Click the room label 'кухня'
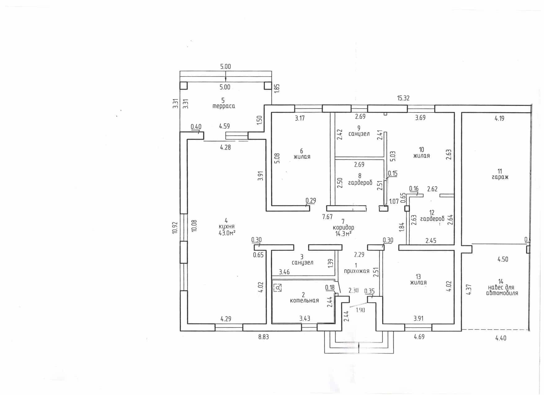point(226,227)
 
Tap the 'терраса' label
point(224,106)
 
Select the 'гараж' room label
point(500,177)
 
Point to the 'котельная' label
point(304,300)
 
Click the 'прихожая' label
point(356,271)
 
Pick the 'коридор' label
point(343,227)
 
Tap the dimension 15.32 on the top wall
point(403,98)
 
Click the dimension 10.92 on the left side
point(175,227)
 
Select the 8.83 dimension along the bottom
point(263,337)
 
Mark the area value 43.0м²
point(227,233)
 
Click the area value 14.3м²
point(343,234)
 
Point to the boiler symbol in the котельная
point(278,288)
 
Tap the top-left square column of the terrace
point(184,85)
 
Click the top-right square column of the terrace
point(268,85)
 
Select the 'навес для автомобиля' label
point(502,290)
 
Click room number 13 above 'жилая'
point(418,277)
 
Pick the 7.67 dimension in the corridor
point(328,217)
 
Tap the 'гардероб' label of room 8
point(360,183)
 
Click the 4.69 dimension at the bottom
point(419,337)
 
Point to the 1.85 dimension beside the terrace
point(277,88)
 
